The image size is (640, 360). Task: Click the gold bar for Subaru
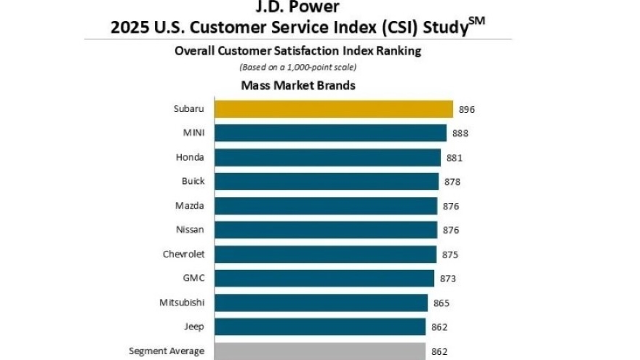333,109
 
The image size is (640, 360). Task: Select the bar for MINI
330,133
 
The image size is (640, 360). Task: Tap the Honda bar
327,157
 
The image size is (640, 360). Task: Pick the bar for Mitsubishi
321,303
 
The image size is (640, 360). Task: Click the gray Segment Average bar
320,351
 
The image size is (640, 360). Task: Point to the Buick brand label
193,181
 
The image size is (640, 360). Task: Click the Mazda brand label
190,206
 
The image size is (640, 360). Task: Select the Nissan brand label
190,230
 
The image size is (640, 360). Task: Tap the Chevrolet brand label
183,254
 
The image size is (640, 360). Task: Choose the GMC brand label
193,278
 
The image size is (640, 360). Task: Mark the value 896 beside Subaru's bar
466,110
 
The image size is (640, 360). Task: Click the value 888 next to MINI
460,134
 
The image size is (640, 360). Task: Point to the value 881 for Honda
455,158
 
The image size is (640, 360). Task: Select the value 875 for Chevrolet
450,255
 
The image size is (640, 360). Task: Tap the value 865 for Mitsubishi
441,303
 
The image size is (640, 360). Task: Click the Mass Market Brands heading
298,85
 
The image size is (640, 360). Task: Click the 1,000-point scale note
298,67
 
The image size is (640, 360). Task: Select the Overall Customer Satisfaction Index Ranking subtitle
298,51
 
